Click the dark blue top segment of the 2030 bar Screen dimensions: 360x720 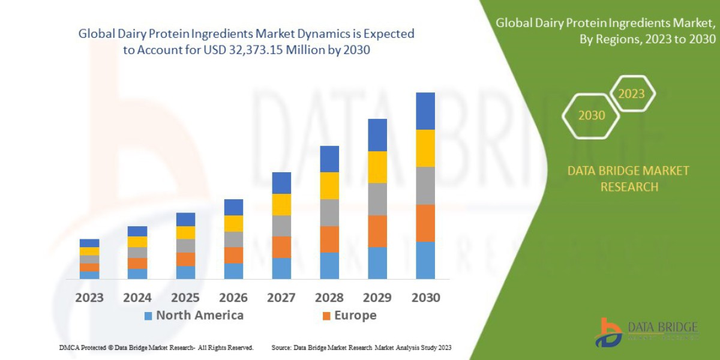coord(425,111)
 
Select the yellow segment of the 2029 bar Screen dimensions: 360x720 coord(377,167)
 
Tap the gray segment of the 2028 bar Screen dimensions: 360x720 coord(329,212)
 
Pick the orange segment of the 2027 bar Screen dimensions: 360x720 coord(281,247)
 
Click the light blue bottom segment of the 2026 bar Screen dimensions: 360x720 coord(233,271)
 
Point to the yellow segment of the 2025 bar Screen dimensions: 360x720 coord(185,233)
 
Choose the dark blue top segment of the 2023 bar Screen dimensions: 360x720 coord(89,243)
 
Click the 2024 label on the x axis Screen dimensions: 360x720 coord(137,298)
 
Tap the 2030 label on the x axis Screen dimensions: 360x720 coord(425,298)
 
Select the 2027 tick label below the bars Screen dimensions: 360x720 coord(281,298)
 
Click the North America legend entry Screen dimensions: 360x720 coord(193,316)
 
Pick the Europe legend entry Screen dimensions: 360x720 coord(350,316)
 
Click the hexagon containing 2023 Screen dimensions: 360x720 coord(631,94)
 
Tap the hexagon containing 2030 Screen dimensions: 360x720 coord(591,115)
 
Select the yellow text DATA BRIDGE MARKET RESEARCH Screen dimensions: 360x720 coord(628,179)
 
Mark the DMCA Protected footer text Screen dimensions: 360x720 coord(156,347)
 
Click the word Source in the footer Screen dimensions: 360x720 coord(281,347)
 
